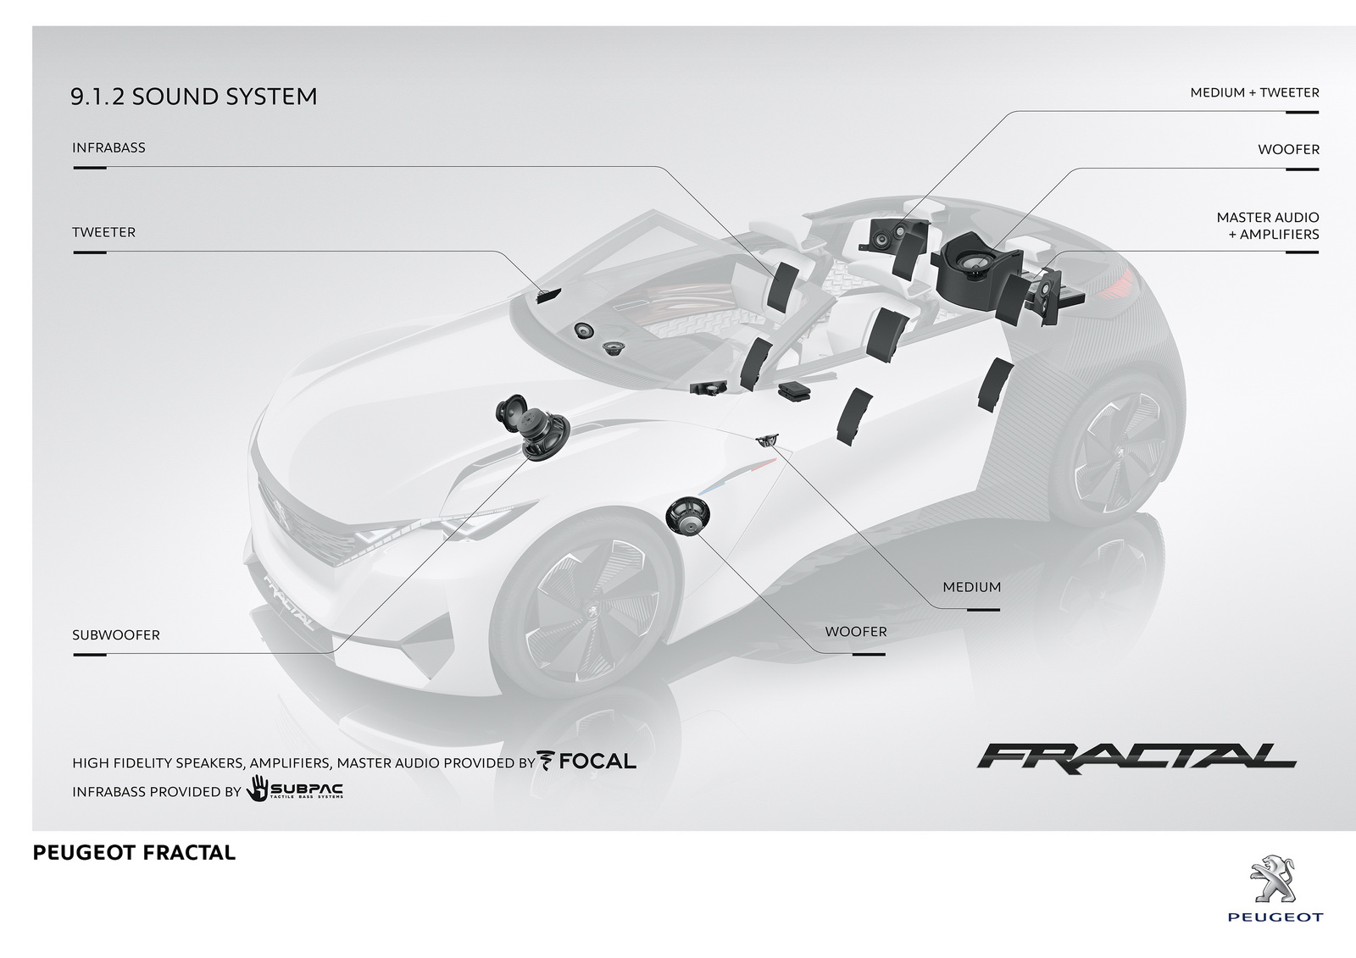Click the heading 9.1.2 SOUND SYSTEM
[193, 97]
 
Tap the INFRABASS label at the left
[108, 147]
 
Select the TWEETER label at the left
[103, 232]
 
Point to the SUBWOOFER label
[116, 635]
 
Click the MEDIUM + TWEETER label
[1254, 92]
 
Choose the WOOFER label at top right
[1288, 149]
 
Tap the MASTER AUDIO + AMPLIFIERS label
[1268, 225]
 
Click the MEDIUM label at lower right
[971, 587]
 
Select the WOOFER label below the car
[856, 632]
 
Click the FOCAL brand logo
[586, 761]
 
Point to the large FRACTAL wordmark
[1136, 756]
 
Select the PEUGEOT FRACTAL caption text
[134, 853]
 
